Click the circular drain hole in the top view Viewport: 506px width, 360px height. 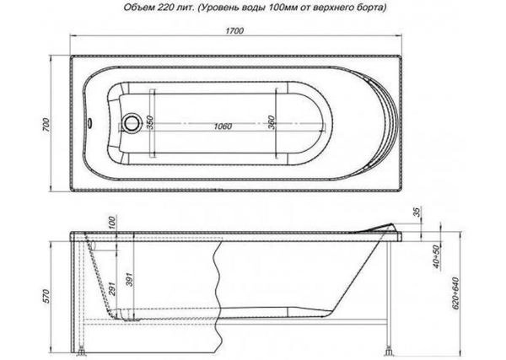pos(132,123)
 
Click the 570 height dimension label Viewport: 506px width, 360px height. pos(46,296)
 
